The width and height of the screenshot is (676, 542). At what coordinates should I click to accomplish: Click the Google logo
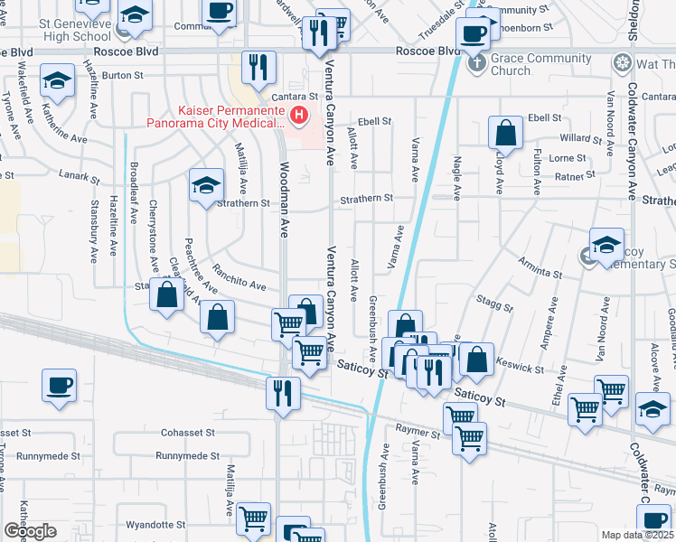pos(29,530)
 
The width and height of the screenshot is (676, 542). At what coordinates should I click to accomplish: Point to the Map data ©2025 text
pos(637,535)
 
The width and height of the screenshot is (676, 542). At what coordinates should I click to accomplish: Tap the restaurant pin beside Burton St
pos(258,67)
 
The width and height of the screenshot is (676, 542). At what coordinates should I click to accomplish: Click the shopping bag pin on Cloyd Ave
pos(506,132)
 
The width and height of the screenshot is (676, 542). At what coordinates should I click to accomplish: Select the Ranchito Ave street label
pos(239,281)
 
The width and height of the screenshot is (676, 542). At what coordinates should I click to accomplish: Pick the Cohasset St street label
pos(188,433)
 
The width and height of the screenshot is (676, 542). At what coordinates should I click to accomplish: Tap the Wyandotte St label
pos(155,524)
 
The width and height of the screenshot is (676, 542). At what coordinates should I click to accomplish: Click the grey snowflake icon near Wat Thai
pos(622,64)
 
